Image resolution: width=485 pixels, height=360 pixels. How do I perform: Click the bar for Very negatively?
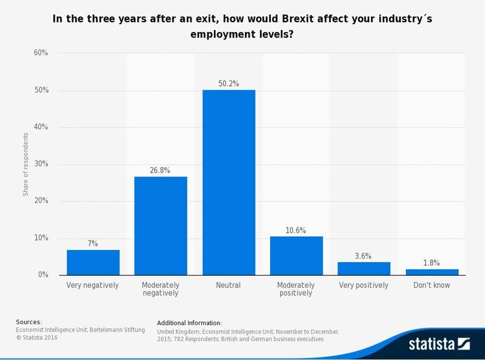pyautogui.click(x=93, y=262)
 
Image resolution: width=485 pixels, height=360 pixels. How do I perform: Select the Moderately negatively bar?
pyautogui.click(x=161, y=225)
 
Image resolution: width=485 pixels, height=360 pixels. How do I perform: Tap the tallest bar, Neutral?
pyautogui.click(x=229, y=182)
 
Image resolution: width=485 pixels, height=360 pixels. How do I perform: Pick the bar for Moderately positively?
pyautogui.click(x=296, y=255)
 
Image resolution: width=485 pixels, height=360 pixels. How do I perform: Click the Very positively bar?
pyautogui.click(x=364, y=268)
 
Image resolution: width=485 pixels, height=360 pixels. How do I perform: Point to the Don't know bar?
pyautogui.click(x=432, y=272)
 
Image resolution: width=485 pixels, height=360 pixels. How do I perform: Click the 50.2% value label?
pyautogui.click(x=229, y=84)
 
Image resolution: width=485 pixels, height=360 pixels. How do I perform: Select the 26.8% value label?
pyautogui.click(x=161, y=170)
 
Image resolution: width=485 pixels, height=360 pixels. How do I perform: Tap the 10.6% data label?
pyautogui.click(x=296, y=230)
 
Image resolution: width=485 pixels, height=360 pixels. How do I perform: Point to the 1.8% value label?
pyautogui.click(x=432, y=262)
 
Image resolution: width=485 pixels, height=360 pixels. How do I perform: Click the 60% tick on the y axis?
pyautogui.click(x=41, y=53)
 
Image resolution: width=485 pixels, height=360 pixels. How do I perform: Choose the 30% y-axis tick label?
pyautogui.click(x=41, y=164)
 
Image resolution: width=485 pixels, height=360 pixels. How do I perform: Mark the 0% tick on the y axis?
pyautogui.click(x=42, y=275)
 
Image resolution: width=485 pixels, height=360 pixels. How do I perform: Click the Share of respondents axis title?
pyautogui.click(x=25, y=164)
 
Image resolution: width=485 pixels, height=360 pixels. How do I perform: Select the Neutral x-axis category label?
pyautogui.click(x=229, y=285)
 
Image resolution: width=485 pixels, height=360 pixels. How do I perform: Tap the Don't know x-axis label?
pyautogui.click(x=432, y=285)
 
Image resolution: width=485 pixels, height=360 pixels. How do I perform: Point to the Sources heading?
pyautogui.click(x=29, y=322)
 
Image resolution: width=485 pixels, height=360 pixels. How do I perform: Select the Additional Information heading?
pyautogui.click(x=189, y=322)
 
